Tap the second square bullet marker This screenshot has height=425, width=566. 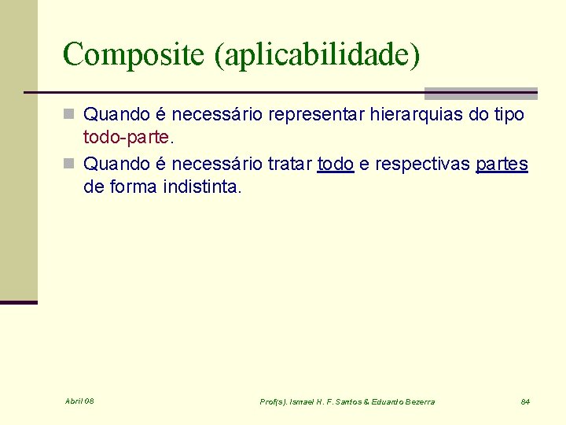(69, 164)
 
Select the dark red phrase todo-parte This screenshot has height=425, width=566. (126, 138)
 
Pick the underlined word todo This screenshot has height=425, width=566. (335, 164)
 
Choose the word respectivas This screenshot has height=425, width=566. (421, 164)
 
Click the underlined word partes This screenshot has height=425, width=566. (502, 164)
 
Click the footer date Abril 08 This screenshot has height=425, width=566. (79, 401)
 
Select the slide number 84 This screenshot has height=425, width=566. (525, 401)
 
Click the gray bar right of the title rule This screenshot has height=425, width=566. (480, 92)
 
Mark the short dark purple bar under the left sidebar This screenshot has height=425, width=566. (19, 302)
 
